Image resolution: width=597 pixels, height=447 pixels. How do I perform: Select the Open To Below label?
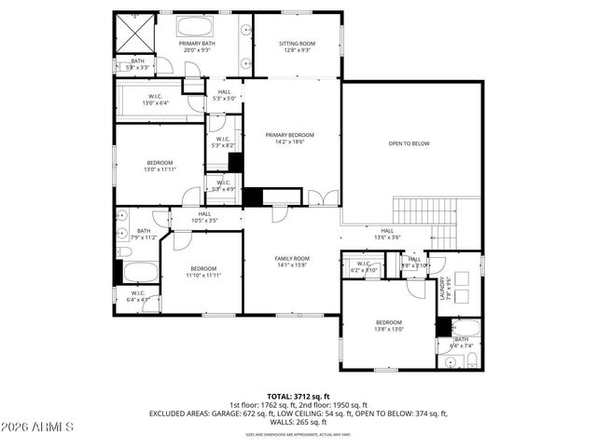tap(409, 143)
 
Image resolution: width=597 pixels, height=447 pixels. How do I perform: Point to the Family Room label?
tap(291, 262)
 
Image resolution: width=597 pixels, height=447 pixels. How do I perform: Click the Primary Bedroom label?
tap(289, 139)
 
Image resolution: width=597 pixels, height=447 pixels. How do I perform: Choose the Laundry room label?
tap(448, 289)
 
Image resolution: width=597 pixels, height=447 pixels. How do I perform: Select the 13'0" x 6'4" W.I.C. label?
tap(156, 100)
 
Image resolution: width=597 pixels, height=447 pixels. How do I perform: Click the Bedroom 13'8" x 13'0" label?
tap(389, 325)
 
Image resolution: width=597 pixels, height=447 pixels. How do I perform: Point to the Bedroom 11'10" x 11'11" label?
tap(202, 272)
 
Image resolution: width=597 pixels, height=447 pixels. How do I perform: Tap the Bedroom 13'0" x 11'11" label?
tap(158, 166)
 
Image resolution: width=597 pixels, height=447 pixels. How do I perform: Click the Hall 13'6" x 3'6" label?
tap(387, 234)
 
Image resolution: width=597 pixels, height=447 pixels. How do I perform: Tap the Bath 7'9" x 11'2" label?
tap(144, 234)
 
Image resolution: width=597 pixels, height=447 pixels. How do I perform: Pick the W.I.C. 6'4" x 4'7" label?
tap(137, 298)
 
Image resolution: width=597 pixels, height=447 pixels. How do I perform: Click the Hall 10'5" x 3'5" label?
tap(205, 217)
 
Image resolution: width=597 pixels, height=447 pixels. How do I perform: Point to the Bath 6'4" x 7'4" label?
tap(462, 342)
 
